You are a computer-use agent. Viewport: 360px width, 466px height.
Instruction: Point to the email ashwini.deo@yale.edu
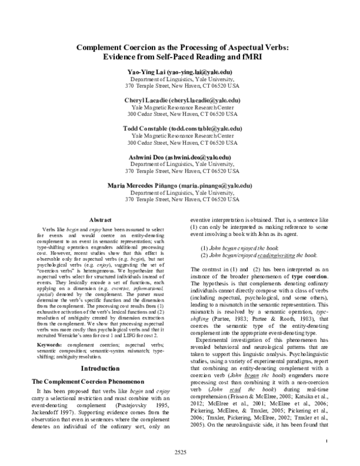point(201,157)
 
